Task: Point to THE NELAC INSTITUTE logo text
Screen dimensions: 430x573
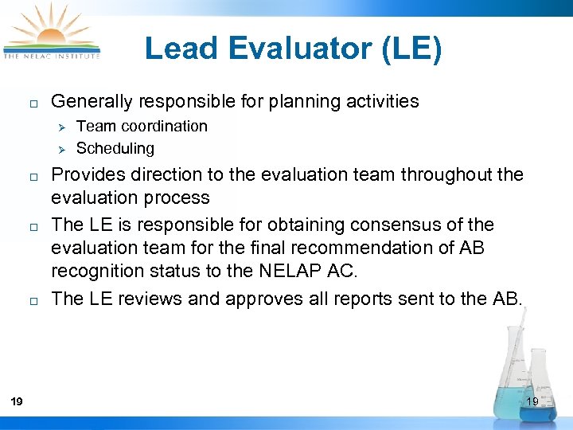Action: [x=52, y=56]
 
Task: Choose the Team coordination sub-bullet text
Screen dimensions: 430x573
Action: [x=142, y=126]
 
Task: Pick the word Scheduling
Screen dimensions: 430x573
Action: [x=115, y=148]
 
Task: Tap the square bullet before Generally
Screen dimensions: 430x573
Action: [x=25, y=103]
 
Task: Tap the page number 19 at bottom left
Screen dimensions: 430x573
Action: [x=18, y=401]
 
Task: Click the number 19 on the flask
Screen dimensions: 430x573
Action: [x=533, y=401]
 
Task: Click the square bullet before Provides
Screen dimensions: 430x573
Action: [x=25, y=175]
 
